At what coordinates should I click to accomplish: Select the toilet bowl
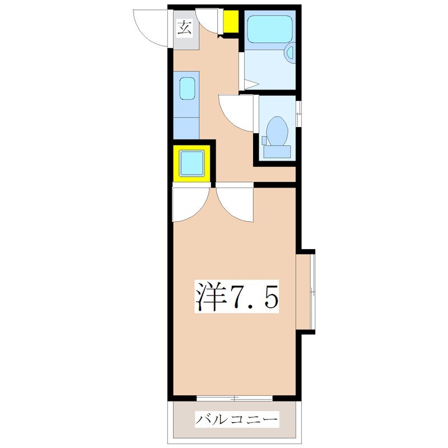277,130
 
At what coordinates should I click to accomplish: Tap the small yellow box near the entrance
230,22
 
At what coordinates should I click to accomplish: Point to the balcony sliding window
235,398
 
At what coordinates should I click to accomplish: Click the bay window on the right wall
307,291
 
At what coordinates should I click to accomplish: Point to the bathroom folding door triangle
250,85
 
